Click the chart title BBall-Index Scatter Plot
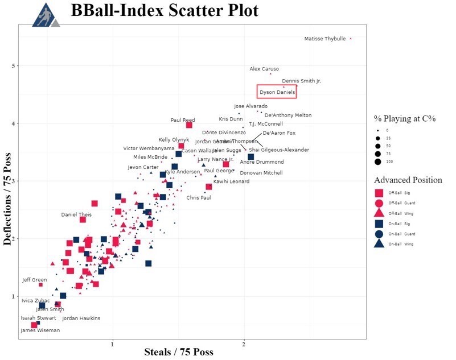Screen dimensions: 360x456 coord(165,11)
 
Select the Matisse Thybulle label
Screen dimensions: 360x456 coord(324,39)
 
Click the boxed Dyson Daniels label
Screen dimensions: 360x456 coord(276,91)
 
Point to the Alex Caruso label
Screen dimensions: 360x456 coord(264,69)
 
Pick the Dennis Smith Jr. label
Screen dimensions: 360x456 coord(301,81)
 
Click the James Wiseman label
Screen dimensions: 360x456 coord(40,330)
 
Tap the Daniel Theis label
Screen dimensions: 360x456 coord(76,214)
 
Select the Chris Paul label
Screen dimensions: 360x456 coord(199,197)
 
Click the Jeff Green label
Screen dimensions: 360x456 coord(34,280)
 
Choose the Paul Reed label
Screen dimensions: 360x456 coord(183,120)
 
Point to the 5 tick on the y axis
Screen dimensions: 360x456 coord(14,66)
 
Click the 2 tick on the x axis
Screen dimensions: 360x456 coord(244,345)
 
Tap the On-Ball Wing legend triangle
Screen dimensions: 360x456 coord(378,244)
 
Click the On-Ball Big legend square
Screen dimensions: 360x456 coord(378,224)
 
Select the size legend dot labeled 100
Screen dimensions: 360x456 coord(377,162)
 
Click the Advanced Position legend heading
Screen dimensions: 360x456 coord(408,180)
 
